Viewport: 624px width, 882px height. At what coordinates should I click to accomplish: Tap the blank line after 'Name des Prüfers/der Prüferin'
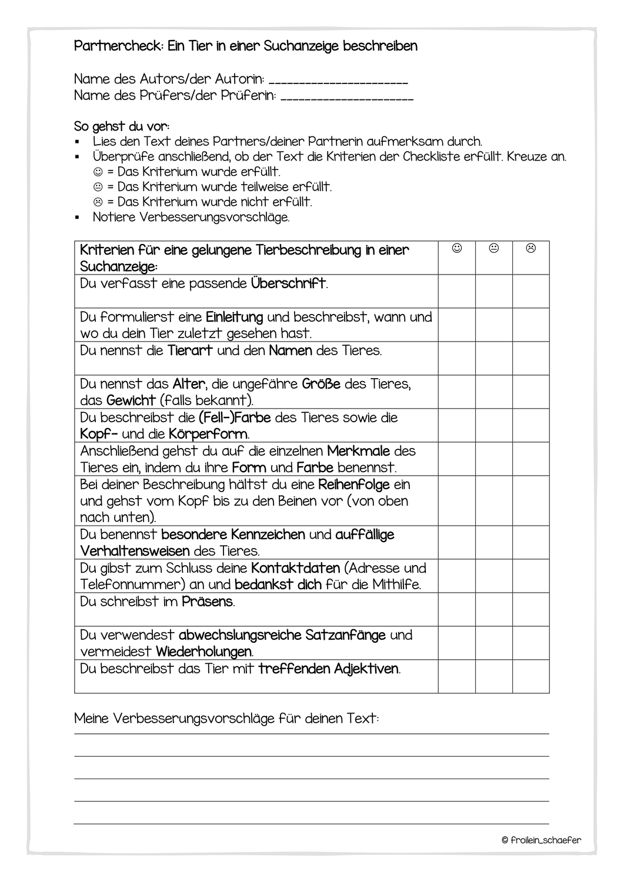tap(347, 97)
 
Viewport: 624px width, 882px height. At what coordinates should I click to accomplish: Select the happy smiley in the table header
tap(457, 249)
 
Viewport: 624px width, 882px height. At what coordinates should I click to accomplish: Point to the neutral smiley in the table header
tap(494, 249)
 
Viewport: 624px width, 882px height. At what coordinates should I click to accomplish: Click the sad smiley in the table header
tap(531, 249)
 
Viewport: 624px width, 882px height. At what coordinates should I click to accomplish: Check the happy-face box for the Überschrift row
tap(457, 291)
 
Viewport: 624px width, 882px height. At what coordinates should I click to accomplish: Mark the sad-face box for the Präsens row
tap(531, 609)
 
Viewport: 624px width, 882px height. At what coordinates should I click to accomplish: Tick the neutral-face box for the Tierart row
tap(494, 358)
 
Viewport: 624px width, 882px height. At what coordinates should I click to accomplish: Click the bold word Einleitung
tap(234, 318)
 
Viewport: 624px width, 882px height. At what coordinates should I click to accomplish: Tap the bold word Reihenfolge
tap(354, 485)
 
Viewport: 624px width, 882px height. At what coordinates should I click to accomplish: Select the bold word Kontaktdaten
tap(295, 569)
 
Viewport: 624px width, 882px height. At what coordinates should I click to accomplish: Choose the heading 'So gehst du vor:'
tap(122, 126)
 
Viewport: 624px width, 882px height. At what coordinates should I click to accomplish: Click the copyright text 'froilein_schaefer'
tap(546, 840)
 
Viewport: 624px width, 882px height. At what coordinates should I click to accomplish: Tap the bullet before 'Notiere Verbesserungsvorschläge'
tap(77, 218)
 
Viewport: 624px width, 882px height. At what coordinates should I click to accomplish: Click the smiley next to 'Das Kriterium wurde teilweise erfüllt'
tap(98, 187)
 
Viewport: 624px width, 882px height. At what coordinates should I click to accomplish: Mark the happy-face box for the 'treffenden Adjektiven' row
tap(457, 676)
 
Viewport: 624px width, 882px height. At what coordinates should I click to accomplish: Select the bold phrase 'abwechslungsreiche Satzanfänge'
tap(282, 636)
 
